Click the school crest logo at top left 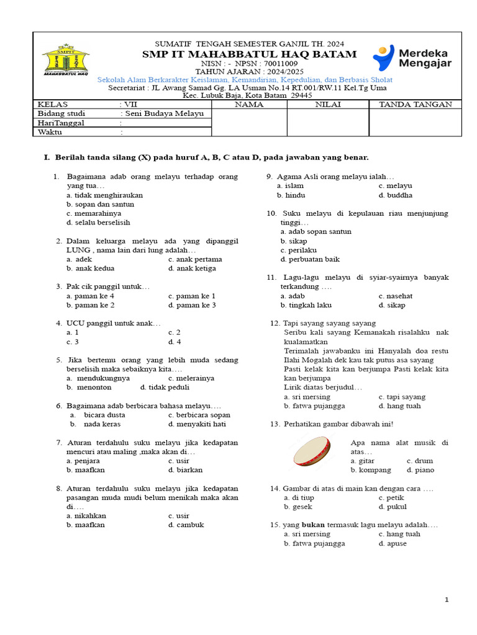pyautogui.click(x=65, y=60)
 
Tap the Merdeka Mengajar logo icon pyautogui.click(x=384, y=58)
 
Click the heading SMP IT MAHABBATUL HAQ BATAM pyautogui.click(x=249, y=55)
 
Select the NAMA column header pyautogui.click(x=249, y=104)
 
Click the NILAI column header pyautogui.click(x=327, y=104)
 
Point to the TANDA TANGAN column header pyautogui.click(x=415, y=104)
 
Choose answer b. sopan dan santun pyautogui.click(x=100, y=204)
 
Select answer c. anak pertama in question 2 pyautogui.click(x=194, y=259)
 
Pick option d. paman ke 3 pyautogui.click(x=192, y=305)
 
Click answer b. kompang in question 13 pyautogui.click(x=370, y=470)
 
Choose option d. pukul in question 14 pyautogui.click(x=392, y=507)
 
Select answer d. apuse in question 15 pyautogui.click(x=393, y=543)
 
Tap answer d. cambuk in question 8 pyautogui.click(x=186, y=525)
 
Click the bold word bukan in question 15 pyautogui.click(x=314, y=525)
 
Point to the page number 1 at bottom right pyautogui.click(x=446, y=599)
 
